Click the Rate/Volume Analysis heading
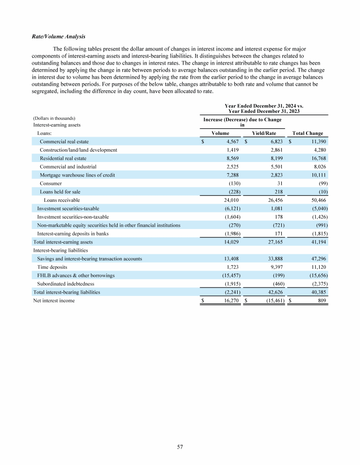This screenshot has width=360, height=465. click(59, 37)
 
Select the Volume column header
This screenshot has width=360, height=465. click(220, 133)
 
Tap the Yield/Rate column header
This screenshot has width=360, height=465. click(264, 133)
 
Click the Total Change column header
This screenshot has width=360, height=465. click(307, 133)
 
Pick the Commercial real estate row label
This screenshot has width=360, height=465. click(64, 141)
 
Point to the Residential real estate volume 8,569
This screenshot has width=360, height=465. click(232, 158)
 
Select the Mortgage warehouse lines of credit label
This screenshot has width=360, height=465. click(77, 175)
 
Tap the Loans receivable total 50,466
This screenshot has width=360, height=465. click(317, 200)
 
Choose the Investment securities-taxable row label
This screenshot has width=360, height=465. click(68, 208)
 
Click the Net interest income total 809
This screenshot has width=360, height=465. click(322, 301)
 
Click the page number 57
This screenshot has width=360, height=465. click(180, 447)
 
